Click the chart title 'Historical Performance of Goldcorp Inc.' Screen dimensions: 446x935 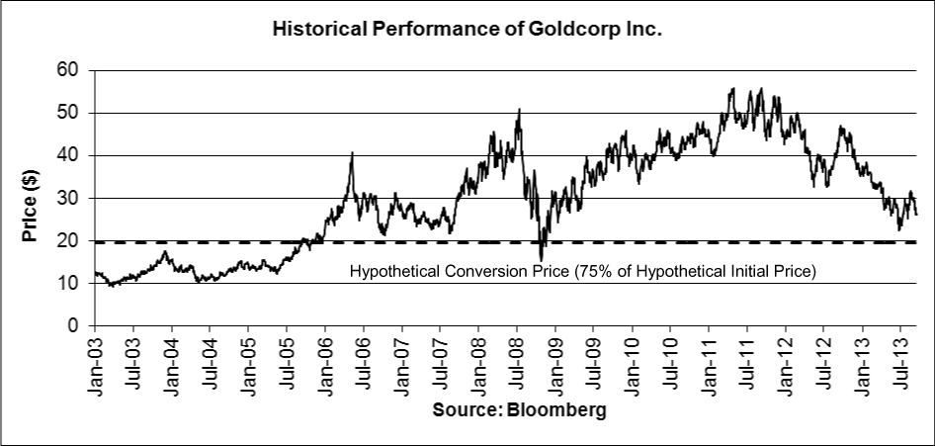pos(467,31)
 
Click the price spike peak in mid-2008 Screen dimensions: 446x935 pos(519,110)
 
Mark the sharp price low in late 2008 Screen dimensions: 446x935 pos(541,259)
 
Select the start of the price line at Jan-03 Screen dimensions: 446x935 pos(95,272)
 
